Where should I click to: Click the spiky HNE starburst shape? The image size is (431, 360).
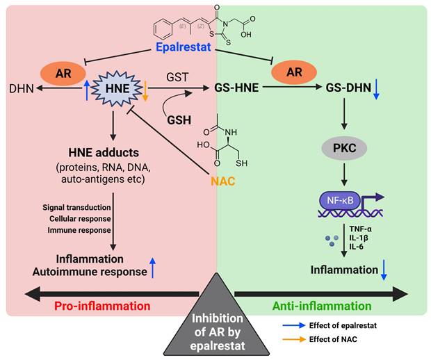click(x=113, y=89)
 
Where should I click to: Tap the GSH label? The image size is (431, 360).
click(x=179, y=119)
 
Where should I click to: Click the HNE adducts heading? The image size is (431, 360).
click(x=112, y=152)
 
